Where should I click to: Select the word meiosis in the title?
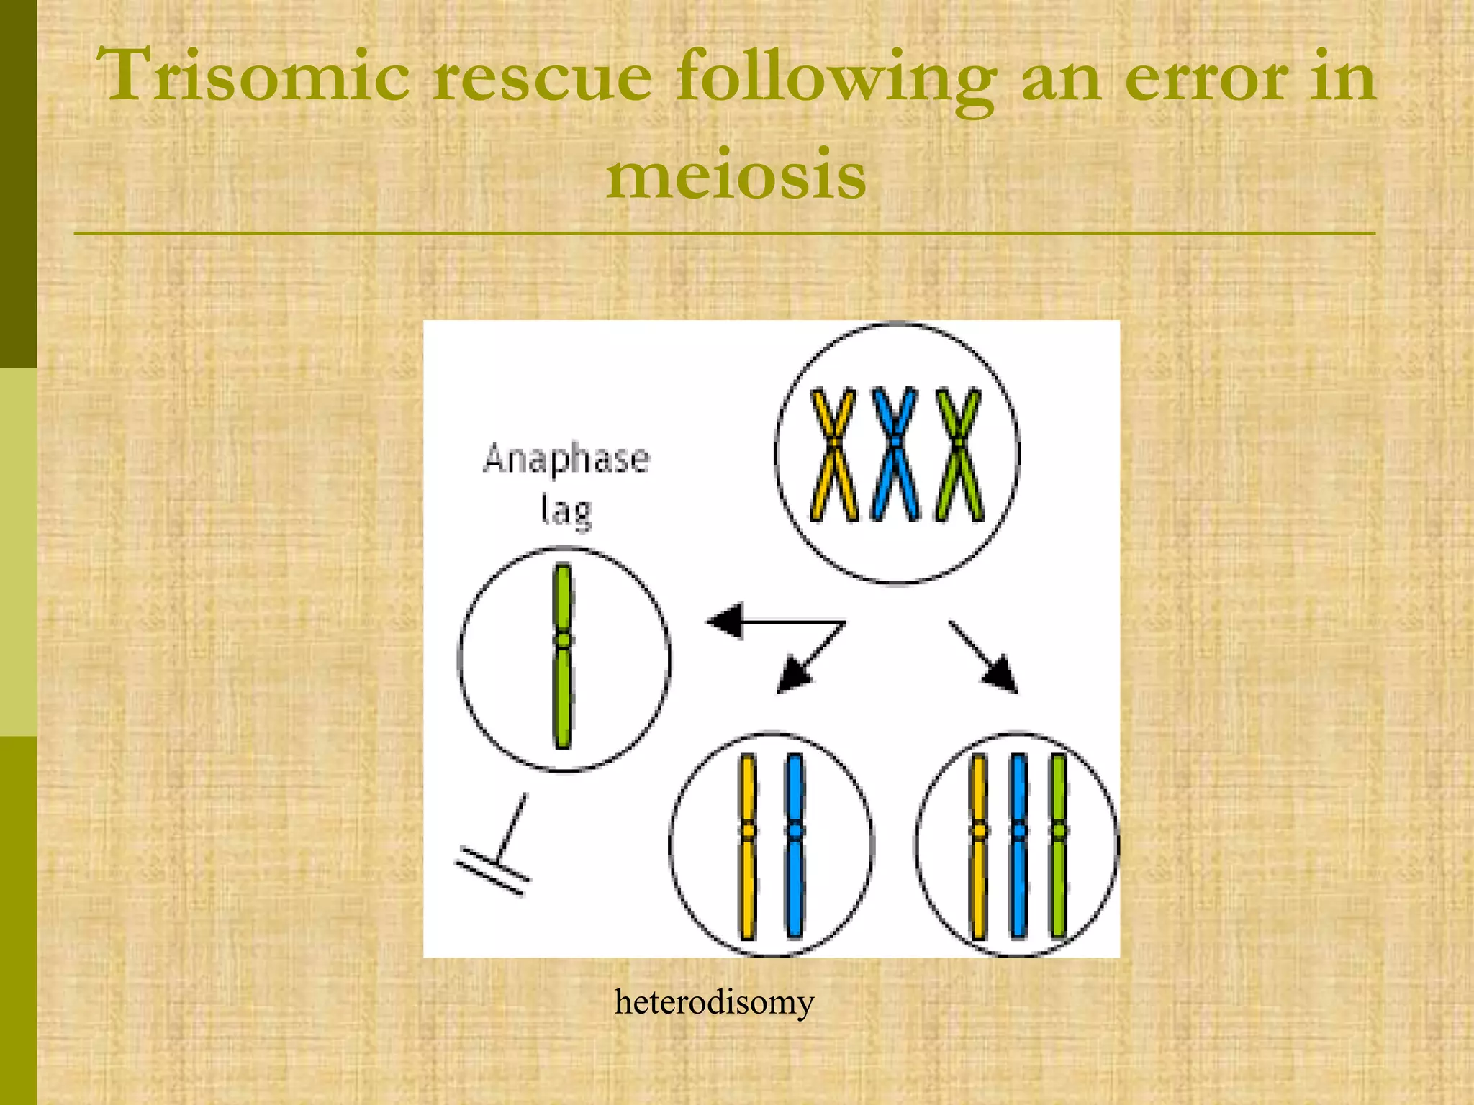tap(736, 174)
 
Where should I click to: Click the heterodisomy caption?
tap(713, 1001)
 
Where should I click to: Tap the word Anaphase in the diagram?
tap(566, 459)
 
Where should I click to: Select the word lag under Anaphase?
tap(566, 511)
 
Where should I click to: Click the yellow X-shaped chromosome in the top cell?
tap(833, 453)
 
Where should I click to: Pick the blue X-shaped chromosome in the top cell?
tap(895, 453)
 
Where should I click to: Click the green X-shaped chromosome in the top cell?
tap(958, 453)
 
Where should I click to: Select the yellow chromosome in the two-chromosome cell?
tap(748, 845)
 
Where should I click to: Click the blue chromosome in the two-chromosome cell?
tap(795, 845)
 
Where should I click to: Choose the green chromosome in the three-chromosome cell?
tap(1058, 845)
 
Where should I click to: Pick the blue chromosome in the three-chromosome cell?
tap(1018, 845)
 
